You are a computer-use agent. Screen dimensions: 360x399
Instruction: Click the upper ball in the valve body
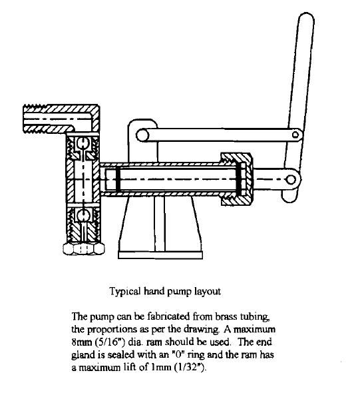83,143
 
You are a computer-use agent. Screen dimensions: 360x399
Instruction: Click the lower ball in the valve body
83,215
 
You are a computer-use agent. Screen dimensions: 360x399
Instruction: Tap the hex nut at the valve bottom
84,248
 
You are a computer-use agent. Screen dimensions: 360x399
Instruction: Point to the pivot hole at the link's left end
142,135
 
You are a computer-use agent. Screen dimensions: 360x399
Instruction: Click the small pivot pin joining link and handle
295,135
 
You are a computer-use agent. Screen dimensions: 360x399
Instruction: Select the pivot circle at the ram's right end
291,180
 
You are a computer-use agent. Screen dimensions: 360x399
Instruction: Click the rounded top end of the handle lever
306,18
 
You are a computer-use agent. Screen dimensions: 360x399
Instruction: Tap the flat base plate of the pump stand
160,255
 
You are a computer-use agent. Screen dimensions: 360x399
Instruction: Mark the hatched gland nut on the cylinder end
236,179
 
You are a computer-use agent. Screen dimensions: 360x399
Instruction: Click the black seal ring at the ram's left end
118,180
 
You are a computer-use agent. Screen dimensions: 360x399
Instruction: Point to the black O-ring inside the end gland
238,179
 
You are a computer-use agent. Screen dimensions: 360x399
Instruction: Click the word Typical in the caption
125,291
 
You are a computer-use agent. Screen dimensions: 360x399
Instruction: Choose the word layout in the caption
208,291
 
